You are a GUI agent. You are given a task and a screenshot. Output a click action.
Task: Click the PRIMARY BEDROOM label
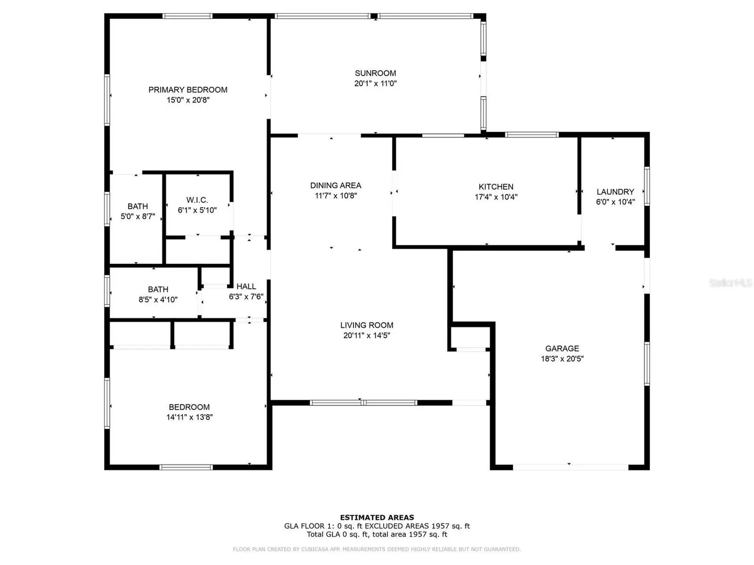click(x=187, y=90)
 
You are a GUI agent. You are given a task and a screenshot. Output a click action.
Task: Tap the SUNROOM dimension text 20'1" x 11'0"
click(x=375, y=83)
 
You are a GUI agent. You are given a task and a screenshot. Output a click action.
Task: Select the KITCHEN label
click(x=496, y=187)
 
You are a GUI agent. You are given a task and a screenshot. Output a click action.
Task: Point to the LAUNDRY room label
click(x=615, y=192)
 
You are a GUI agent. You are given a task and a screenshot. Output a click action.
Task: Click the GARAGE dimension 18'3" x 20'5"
click(x=562, y=359)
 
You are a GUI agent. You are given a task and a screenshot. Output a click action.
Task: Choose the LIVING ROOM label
click(x=367, y=325)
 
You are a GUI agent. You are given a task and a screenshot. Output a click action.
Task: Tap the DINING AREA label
click(x=336, y=186)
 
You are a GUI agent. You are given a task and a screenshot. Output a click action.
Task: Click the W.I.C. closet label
click(x=197, y=200)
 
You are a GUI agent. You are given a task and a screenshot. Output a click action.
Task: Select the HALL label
click(x=246, y=287)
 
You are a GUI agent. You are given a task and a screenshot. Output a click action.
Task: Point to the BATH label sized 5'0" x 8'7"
click(x=137, y=207)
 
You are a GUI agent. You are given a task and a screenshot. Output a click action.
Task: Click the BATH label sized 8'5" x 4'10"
click(x=158, y=289)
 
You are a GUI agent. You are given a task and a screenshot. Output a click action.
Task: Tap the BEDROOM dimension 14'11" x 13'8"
click(x=190, y=417)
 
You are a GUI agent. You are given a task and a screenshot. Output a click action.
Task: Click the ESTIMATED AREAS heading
click(x=377, y=517)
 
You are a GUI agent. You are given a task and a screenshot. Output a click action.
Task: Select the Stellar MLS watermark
click(x=730, y=282)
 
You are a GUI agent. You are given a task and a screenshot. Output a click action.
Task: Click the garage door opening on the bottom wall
click(x=571, y=467)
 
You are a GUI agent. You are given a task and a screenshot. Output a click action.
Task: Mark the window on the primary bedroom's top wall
click(x=187, y=16)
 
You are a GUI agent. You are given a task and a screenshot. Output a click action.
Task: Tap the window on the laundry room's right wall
click(x=647, y=186)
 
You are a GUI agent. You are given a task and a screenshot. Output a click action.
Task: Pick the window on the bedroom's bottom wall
click(x=186, y=467)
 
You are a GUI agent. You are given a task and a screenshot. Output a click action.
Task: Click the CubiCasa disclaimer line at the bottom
click(x=376, y=549)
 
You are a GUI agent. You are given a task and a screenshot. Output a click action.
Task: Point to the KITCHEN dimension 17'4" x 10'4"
click(x=496, y=197)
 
